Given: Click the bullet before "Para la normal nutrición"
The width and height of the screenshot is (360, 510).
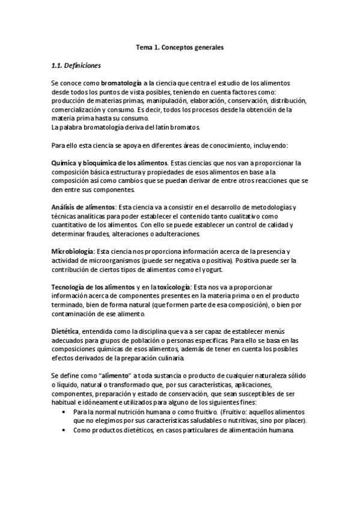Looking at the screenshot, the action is (64, 412).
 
